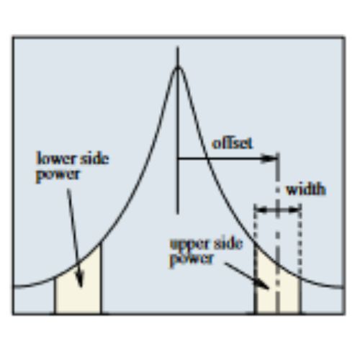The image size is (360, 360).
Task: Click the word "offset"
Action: pyautogui.click(x=232, y=143)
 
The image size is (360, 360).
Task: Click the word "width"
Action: pyautogui.click(x=306, y=189)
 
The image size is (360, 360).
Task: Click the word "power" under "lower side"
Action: pyautogui.click(x=58, y=174)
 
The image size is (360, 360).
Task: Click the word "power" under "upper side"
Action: pyautogui.click(x=192, y=260)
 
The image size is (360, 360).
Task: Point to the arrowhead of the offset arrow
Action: pyautogui.click(x=269, y=158)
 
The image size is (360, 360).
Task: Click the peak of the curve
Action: pyautogui.click(x=178, y=67)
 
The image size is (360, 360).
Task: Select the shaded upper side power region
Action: pyautogui.click(x=278, y=288)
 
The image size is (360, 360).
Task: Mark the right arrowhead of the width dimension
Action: pyautogui.click(x=294, y=210)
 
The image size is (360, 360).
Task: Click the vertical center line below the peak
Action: pyautogui.click(x=178, y=130)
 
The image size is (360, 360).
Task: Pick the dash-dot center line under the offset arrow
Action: pyautogui.click(x=278, y=233)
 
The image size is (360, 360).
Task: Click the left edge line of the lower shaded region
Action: pyautogui.click(x=55, y=295)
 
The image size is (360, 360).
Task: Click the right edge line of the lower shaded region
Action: pyautogui.click(x=101, y=278)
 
